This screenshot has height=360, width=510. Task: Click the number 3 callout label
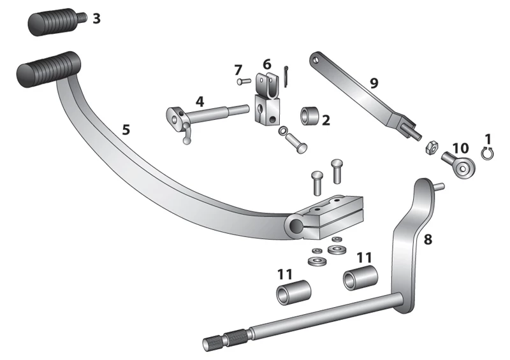coord(97,19)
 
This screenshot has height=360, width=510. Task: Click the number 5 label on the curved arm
coord(126,130)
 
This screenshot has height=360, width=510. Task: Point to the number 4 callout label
coord(200,101)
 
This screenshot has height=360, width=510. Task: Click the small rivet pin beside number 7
coord(244,82)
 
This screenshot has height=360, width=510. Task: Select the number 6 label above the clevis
coord(266,64)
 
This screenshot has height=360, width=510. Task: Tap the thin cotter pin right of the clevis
coord(286,76)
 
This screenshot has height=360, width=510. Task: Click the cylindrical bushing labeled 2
coord(309,116)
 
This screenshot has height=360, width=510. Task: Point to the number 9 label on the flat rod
coord(374,83)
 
